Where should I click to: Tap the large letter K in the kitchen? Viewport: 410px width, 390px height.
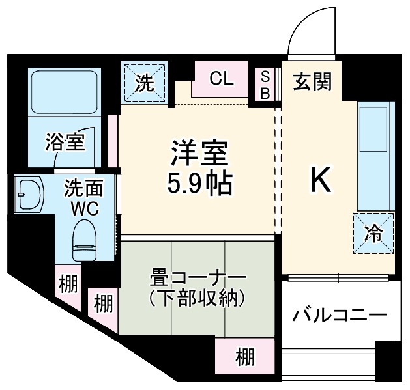[x=321, y=180]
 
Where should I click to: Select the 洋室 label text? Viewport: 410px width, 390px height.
[x=199, y=155]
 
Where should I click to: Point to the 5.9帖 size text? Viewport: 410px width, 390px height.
[x=199, y=185]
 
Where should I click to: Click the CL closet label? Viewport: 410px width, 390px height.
[x=221, y=79]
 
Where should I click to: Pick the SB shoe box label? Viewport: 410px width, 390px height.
[x=265, y=85]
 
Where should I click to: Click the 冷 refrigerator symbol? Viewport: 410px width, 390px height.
[x=375, y=232]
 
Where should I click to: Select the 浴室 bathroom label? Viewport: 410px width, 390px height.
[x=65, y=141]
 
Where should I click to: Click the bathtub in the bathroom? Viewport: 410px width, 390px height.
[x=65, y=91]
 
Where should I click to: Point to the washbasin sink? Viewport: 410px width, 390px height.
[x=29, y=194]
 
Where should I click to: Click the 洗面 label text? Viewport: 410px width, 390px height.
[x=83, y=189]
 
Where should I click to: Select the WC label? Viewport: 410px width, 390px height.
[x=83, y=209]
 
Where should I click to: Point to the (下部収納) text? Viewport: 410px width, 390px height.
[x=196, y=298]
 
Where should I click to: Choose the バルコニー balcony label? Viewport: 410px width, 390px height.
[x=339, y=315]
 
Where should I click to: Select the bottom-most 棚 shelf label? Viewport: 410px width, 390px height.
[x=245, y=357]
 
